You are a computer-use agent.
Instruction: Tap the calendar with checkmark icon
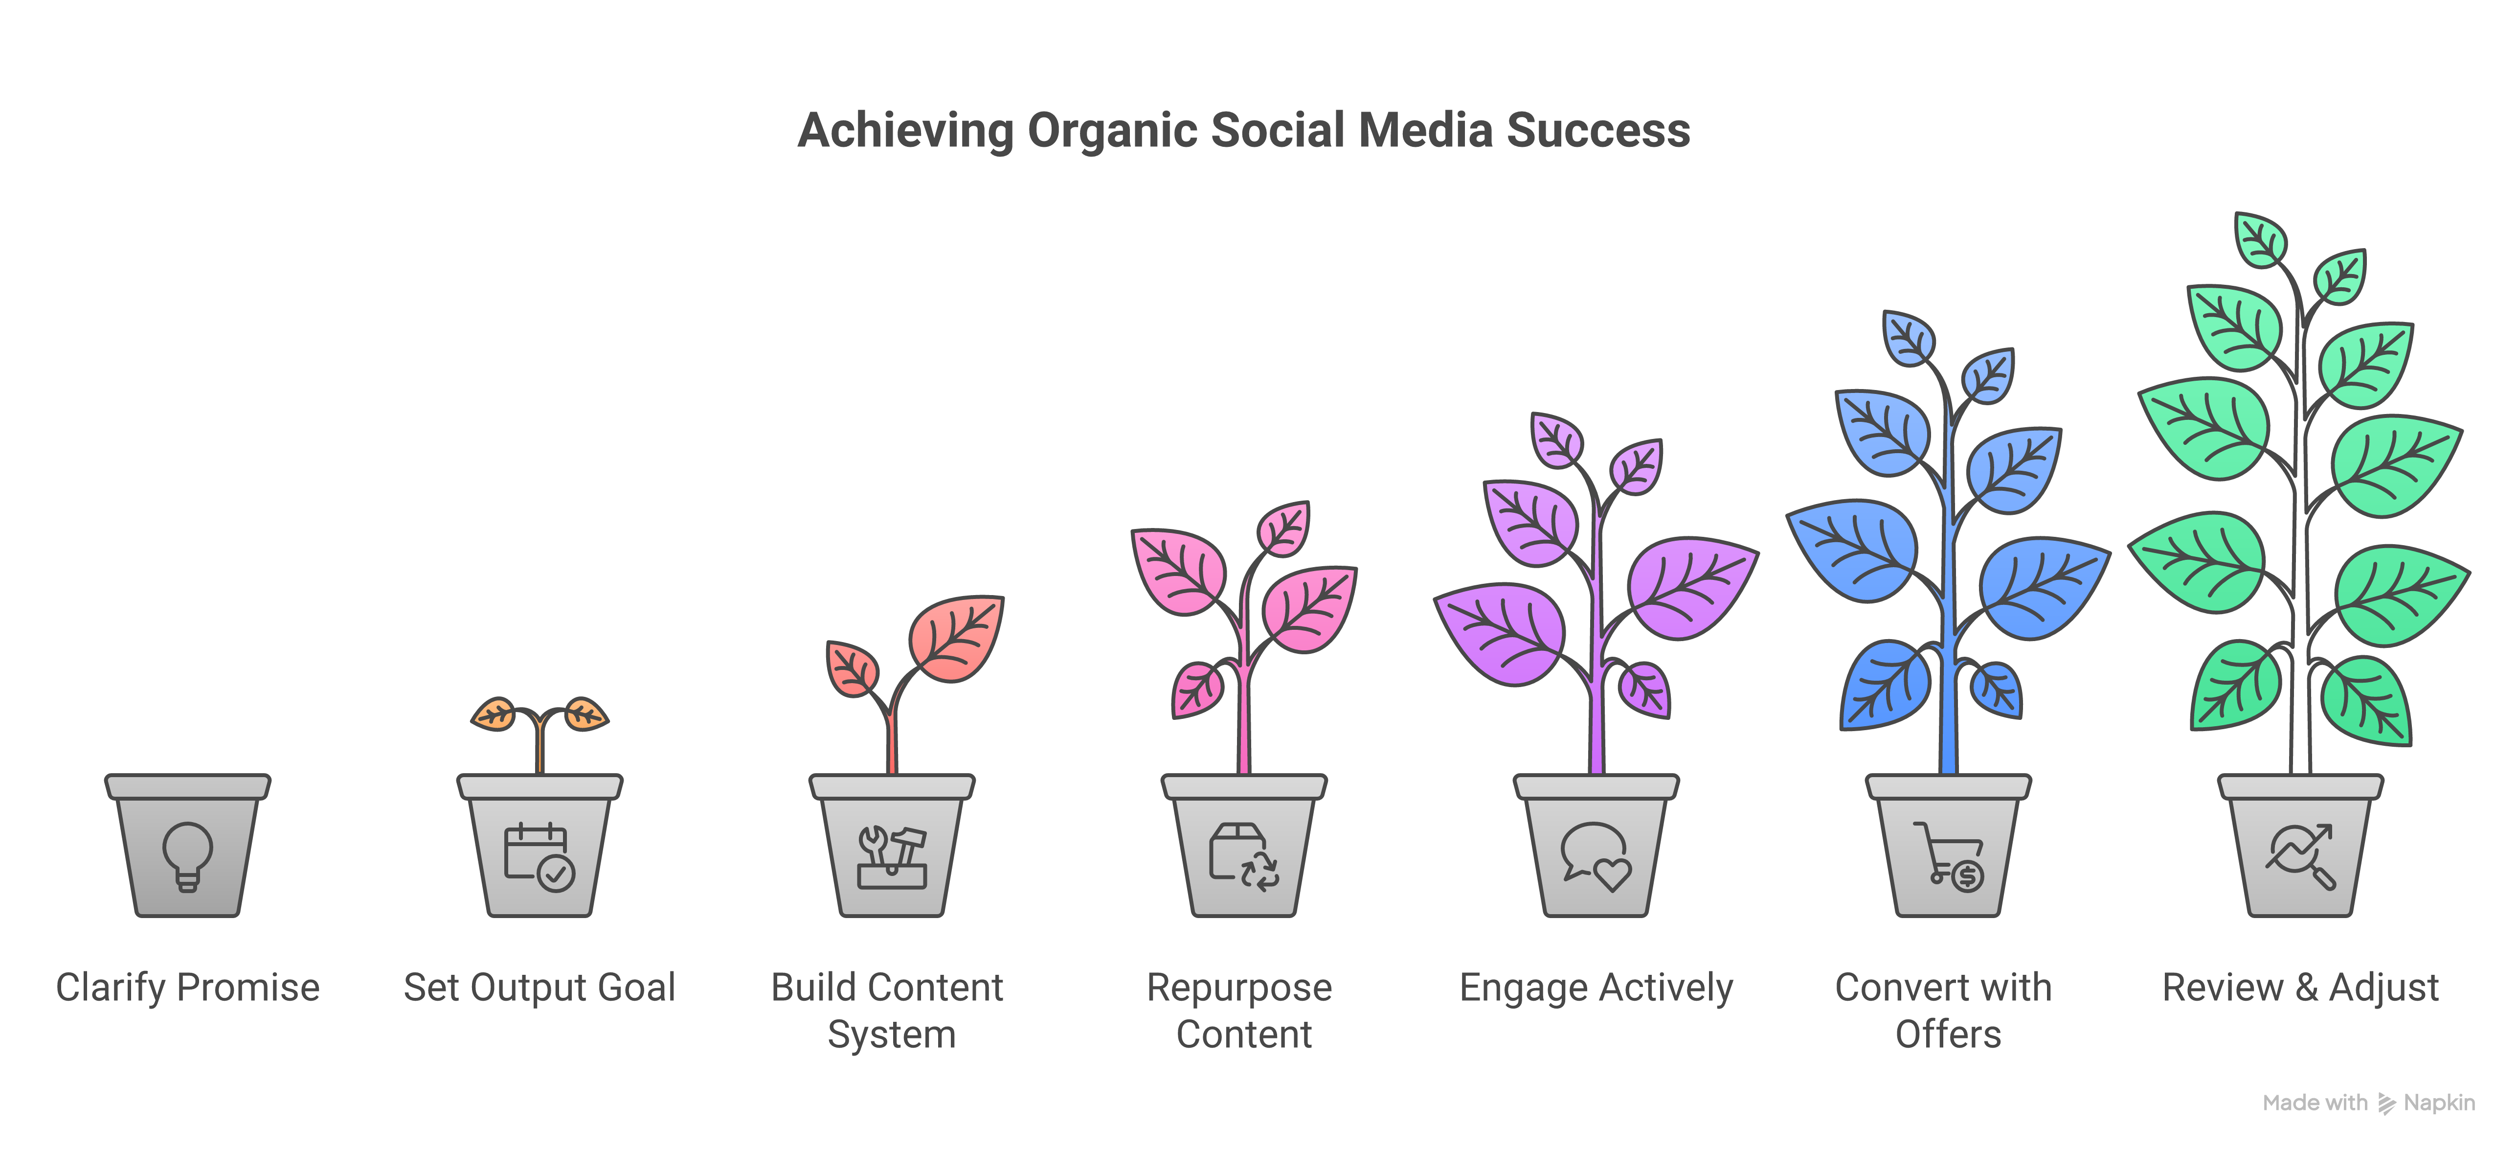(539, 857)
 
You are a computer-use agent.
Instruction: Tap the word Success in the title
(1598, 130)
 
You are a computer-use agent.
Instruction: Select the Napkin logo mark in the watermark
(2386, 1103)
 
